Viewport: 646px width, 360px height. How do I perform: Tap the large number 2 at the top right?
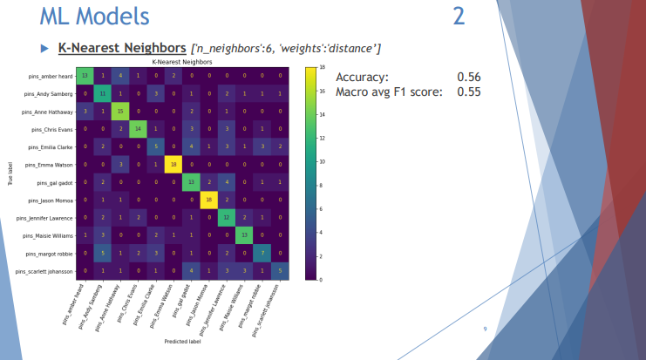[x=459, y=16]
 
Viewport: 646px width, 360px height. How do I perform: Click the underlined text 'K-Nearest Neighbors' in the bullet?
[x=123, y=46]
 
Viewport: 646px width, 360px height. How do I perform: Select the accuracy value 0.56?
[x=468, y=77]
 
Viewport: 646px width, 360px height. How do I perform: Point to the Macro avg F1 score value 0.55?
[x=468, y=92]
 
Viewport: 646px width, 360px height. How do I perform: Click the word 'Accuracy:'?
[x=363, y=77]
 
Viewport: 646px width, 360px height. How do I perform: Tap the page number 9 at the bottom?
[x=486, y=329]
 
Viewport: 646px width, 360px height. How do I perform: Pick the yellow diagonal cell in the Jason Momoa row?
[x=208, y=200]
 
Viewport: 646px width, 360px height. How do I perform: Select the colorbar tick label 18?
[x=323, y=67]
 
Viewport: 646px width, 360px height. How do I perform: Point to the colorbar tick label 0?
[x=322, y=280]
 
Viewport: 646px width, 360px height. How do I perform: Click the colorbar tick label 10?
[x=323, y=161]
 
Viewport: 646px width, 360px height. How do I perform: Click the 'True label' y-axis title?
[x=11, y=173]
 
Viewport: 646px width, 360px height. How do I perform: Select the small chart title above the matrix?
[x=181, y=62]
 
